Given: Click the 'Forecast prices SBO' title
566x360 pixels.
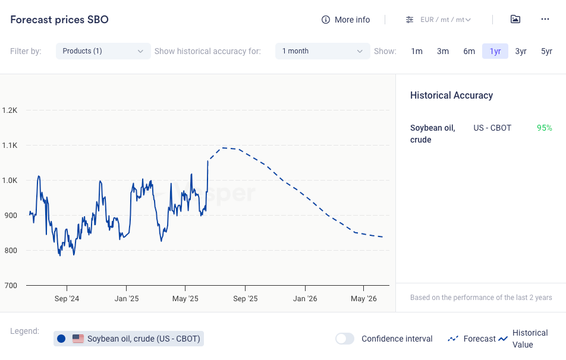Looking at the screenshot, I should tap(59, 20).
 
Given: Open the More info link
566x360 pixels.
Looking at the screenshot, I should tap(345, 20).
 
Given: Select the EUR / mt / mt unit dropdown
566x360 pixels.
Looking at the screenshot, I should tap(439, 20).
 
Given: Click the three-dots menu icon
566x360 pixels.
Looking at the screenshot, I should tap(545, 19).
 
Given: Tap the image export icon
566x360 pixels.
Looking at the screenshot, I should tap(515, 19).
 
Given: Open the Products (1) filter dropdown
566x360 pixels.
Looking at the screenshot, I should tap(103, 51).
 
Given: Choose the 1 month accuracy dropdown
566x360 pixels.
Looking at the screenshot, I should tap(322, 51).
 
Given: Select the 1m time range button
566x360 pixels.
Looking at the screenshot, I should tap(417, 51).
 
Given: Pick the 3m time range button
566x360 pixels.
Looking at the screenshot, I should tap(443, 51).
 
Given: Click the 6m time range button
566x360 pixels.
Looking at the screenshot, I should tap(469, 51).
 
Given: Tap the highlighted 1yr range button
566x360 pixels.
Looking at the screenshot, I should tap(495, 51).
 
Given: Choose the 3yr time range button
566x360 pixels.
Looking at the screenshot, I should tap(521, 51).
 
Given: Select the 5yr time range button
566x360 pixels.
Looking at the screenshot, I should tap(546, 51).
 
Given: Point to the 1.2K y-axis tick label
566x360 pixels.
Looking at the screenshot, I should tap(10, 110).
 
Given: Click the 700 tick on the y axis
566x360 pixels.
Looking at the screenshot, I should tap(11, 285).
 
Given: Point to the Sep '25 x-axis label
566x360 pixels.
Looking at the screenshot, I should tap(245, 299).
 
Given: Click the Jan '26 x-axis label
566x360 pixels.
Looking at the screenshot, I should tap(305, 299).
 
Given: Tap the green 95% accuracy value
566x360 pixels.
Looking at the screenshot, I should tap(545, 128).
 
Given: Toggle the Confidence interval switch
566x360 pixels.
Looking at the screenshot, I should tap(345, 339).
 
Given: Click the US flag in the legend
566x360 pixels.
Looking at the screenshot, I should tap(78, 339).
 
